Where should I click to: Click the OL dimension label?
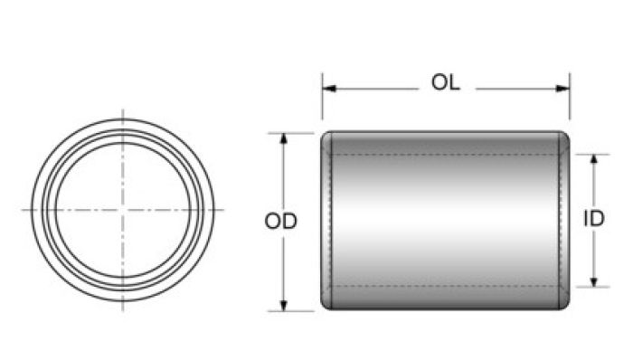coord(445,82)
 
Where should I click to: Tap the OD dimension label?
coord(281,222)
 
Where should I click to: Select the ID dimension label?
coord(594,219)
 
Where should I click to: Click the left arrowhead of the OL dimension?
coord(329,89)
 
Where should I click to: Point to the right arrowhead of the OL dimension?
coord(562,89)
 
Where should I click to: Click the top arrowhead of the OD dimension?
coord(283,138)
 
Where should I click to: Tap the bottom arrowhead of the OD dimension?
coord(283,306)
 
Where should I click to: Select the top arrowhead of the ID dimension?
coord(593,160)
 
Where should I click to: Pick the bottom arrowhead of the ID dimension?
coord(593,281)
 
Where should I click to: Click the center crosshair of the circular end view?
coord(123,210)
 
